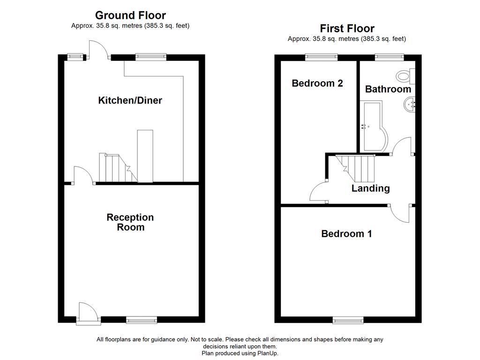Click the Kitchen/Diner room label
(130, 100)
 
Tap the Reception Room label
(130, 222)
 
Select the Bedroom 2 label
(317, 83)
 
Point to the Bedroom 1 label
(346, 233)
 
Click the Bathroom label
(388, 89)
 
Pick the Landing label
(371, 188)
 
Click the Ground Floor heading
(130, 15)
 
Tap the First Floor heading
(347, 29)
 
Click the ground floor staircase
(115, 168)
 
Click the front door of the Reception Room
(88, 313)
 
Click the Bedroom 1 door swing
(401, 213)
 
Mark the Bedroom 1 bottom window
(348, 321)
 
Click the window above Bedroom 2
(321, 57)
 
